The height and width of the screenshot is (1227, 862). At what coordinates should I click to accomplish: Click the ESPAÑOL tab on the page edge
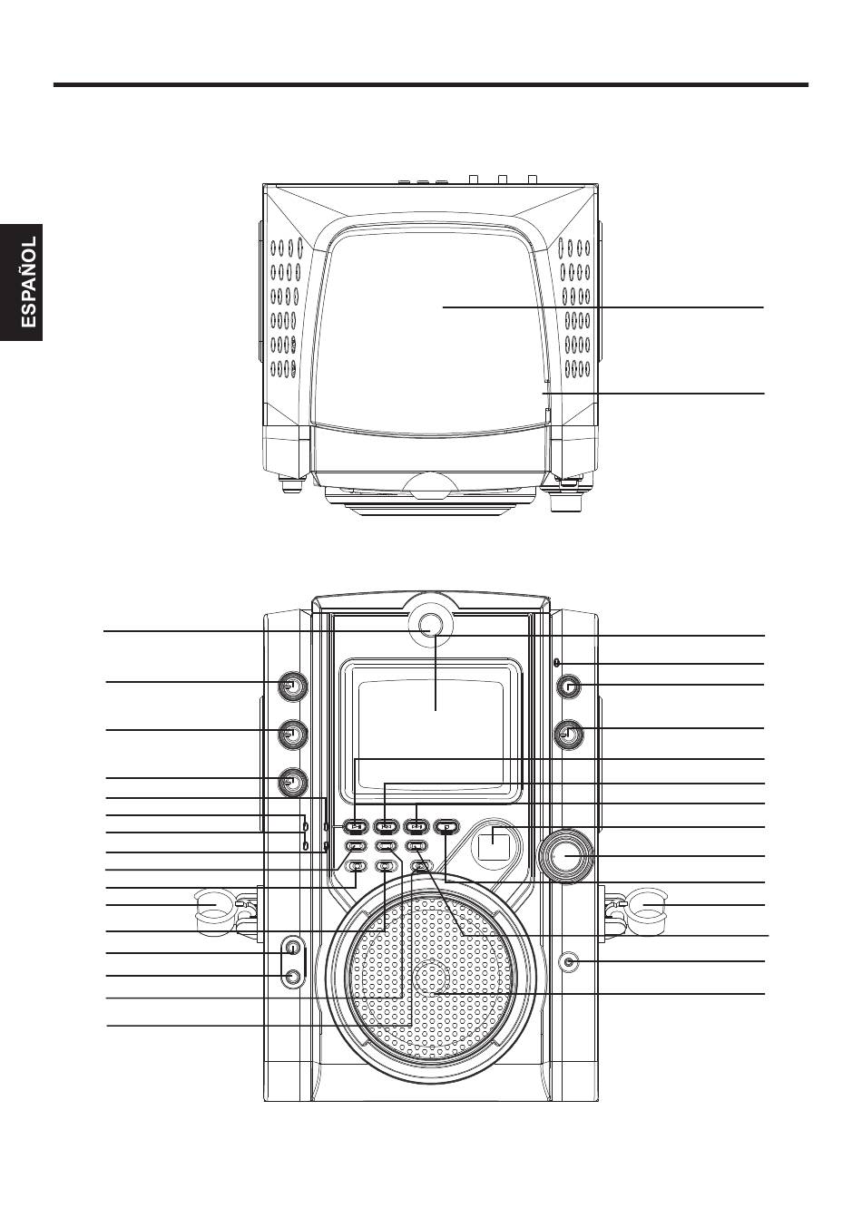22,282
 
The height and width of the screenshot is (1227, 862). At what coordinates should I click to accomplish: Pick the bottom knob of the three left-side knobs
292,782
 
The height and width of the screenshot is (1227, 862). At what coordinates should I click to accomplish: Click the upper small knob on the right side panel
569,687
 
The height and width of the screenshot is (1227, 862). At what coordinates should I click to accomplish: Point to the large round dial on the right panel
565,856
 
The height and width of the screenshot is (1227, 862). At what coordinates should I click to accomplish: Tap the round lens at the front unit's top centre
433,625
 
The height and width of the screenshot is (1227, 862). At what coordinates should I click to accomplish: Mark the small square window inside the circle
495,842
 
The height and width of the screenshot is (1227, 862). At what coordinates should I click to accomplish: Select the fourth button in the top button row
446,825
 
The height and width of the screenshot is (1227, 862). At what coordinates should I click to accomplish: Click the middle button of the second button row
386,846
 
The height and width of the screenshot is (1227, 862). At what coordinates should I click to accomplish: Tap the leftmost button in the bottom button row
357,867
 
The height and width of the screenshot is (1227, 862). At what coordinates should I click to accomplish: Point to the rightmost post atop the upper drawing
532,179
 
